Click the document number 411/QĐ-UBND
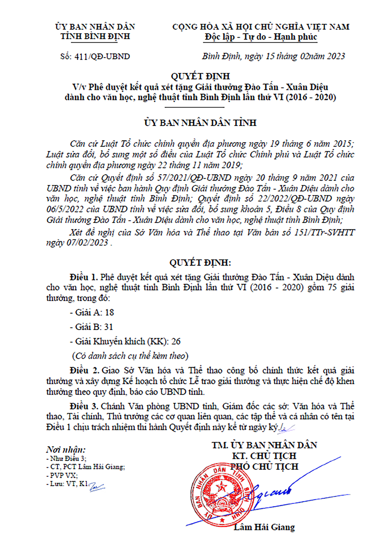coord(102,56)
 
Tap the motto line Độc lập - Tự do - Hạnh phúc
coord(261,37)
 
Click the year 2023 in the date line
coord(336,56)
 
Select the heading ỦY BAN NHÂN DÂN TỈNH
coord(200,123)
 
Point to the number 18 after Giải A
coord(109,313)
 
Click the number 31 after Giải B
coord(108,327)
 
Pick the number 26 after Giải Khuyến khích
coord(176,342)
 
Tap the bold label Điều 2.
coord(85,370)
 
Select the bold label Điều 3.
coord(84,406)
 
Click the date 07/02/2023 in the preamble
coord(87,243)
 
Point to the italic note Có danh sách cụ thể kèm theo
coord(130,356)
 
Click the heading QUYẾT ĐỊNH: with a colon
coord(200,263)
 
